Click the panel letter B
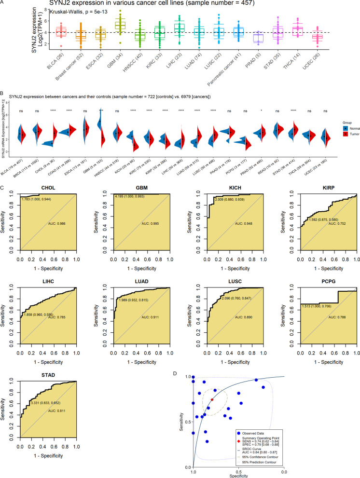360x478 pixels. pyautogui.click(x=4, y=96)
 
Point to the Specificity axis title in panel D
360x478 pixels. pyautogui.click(x=238, y=475)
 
